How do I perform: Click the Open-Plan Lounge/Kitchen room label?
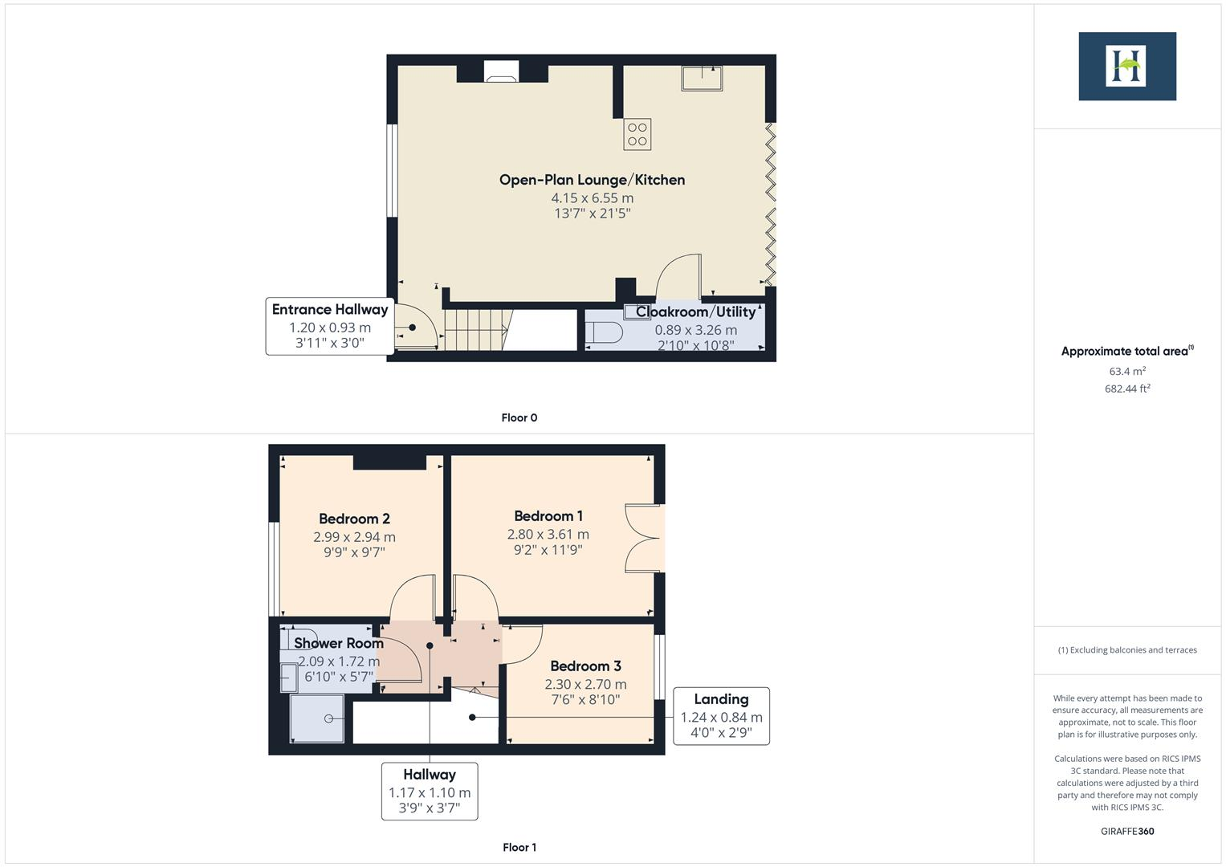point(592,180)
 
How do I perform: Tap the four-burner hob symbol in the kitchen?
point(637,135)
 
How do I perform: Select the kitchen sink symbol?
point(701,79)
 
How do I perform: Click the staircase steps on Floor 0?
point(474,330)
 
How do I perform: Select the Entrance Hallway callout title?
point(329,310)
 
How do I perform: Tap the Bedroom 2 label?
point(354,519)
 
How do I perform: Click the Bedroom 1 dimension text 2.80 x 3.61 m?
point(548,534)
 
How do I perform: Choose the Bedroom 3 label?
point(585,666)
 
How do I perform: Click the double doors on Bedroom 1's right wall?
point(644,538)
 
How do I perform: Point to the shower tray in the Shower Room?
point(317,718)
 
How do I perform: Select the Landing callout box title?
point(721,699)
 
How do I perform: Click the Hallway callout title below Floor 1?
point(430,775)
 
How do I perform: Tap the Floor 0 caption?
point(519,417)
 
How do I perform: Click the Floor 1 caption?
point(519,847)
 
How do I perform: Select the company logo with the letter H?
point(1126,66)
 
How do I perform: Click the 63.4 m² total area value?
point(1126,371)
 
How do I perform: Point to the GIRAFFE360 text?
point(1126,831)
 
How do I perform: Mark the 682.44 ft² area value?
point(1126,389)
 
